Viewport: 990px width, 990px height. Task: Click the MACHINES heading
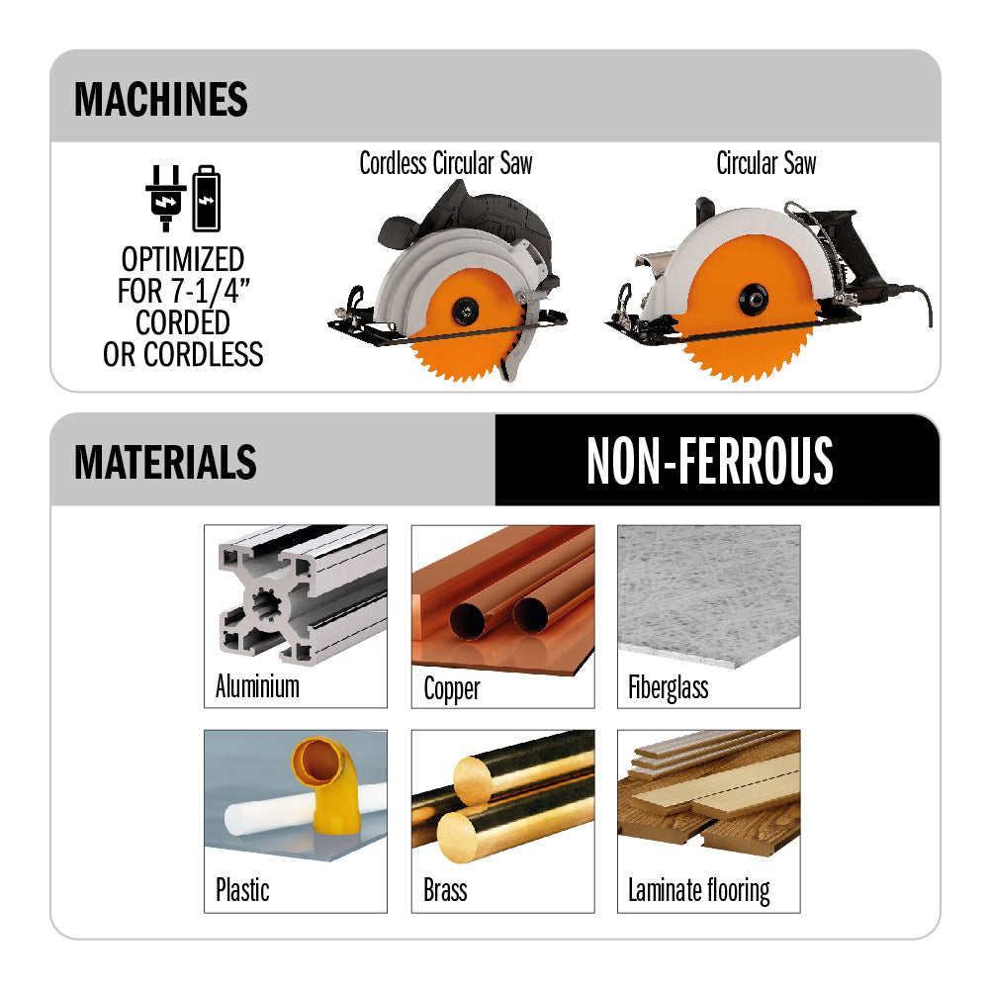tap(161, 99)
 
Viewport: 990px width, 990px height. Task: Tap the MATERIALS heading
tap(165, 462)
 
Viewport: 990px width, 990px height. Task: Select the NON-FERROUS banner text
tap(710, 461)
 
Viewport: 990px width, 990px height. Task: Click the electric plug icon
tap(165, 198)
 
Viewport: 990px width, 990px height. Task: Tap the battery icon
tap(207, 198)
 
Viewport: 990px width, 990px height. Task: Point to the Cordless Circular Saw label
tap(446, 163)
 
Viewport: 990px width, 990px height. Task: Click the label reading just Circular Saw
tap(765, 163)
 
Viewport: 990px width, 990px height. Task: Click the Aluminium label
tap(257, 686)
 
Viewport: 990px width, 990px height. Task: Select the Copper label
tap(451, 688)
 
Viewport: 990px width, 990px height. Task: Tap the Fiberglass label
tap(668, 687)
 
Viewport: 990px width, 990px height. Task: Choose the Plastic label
tap(242, 889)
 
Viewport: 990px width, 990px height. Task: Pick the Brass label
tap(445, 890)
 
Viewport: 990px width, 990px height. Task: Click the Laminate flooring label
tap(699, 891)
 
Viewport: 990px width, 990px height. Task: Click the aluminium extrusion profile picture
tap(302, 593)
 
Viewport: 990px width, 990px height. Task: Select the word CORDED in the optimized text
tap(182, 322)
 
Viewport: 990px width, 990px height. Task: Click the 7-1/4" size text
tap(211, 291)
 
